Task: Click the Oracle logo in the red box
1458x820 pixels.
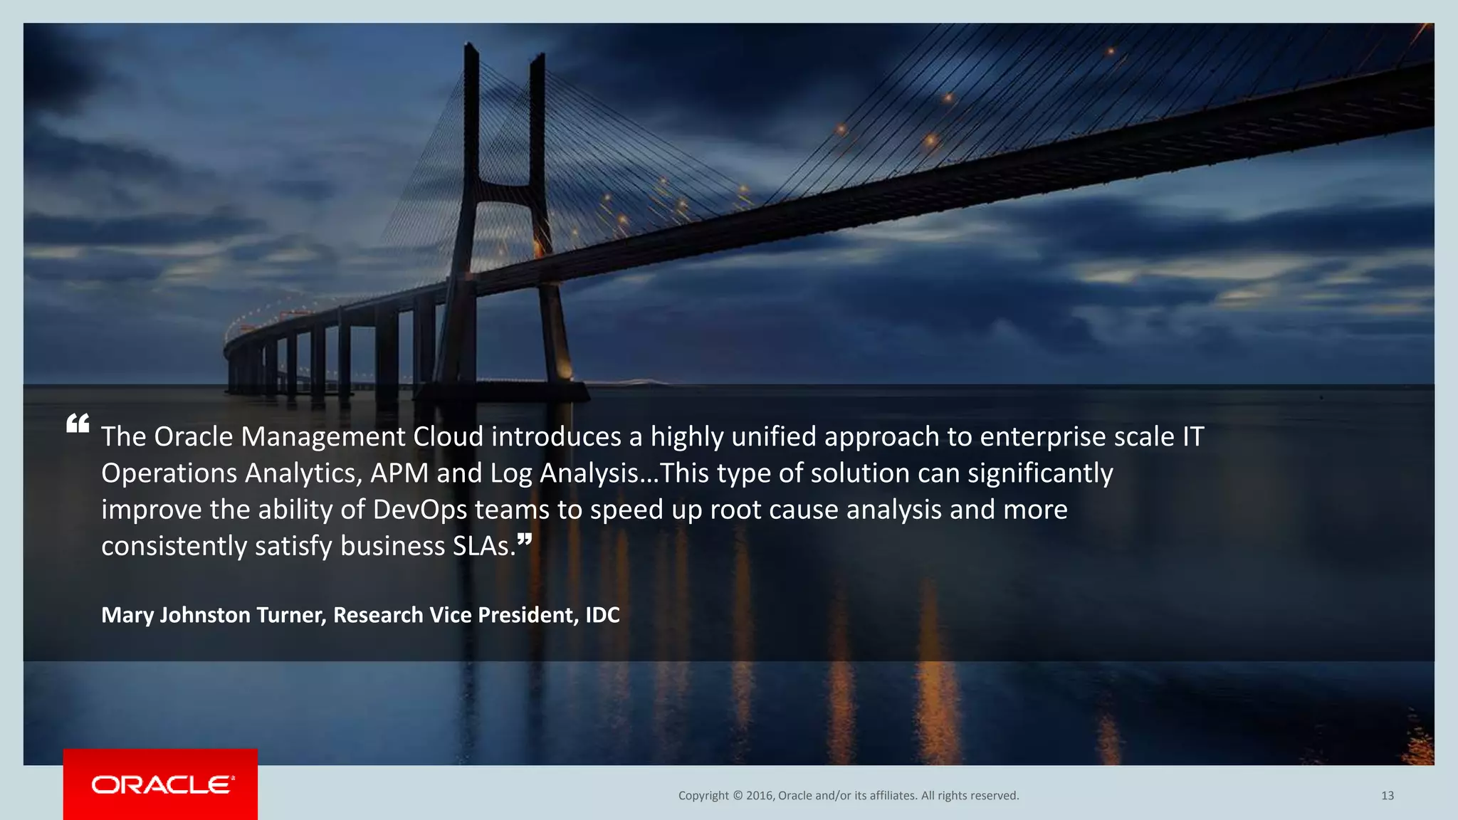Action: coord(162,784)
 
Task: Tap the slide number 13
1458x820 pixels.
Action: coord(1387,796)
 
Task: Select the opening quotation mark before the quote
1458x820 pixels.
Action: coord(78,424)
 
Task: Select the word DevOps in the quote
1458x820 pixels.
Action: coord(420,510)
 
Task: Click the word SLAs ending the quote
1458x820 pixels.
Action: coord(483,546)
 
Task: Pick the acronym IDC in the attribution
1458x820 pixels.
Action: coord(602,615)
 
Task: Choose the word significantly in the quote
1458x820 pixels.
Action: coord(1040,473)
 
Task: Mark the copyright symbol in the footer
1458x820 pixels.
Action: coord(738,796)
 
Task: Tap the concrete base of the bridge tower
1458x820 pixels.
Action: coord(503,391)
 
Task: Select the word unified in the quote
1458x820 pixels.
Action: coord(774,436)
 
